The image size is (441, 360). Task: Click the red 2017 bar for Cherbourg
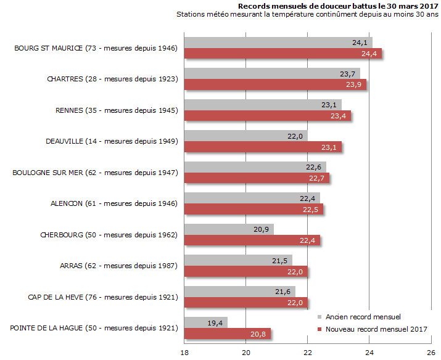(252, 240)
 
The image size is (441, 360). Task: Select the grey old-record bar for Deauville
(245, 136)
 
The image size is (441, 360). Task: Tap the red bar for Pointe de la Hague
(228, 333)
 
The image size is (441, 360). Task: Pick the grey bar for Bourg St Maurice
(278, 43)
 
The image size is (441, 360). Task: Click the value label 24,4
(369, 54)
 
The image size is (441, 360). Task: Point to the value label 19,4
(216, 322)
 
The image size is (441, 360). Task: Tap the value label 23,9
(354, 85)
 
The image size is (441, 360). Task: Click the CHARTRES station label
(112, 79)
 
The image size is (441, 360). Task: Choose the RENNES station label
(117, 110)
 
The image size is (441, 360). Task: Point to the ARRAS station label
(119, 266)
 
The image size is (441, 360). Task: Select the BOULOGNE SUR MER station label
(95, 173)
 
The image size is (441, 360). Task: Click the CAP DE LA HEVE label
(103, 297)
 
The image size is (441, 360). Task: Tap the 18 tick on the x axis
(184, 352)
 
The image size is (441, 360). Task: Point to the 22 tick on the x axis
(308, 352)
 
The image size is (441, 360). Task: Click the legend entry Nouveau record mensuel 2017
(376, 329)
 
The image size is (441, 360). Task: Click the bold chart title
(334, 6)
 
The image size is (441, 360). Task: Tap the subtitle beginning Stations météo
(307, 14)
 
